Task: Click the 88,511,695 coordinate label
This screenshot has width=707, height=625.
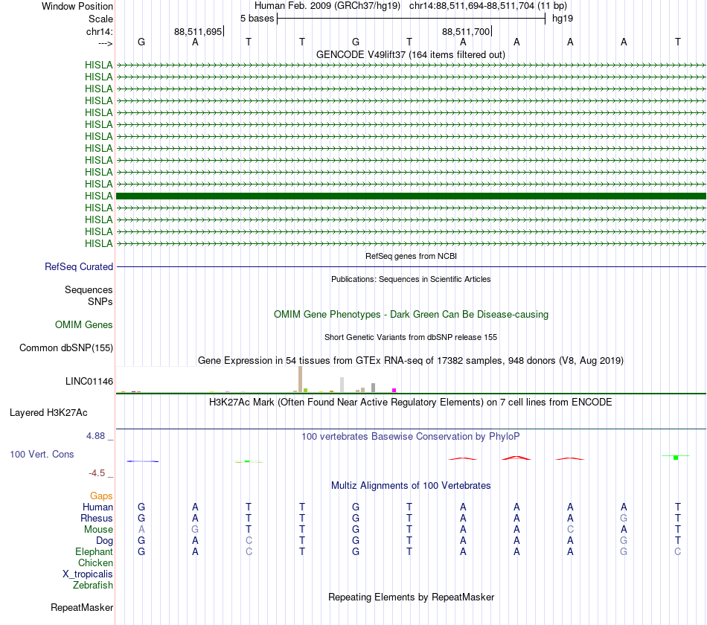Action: tap(198, 32)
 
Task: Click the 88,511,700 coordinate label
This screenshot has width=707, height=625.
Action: tap(466, 32)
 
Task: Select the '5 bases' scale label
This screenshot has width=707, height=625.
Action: tap(257, 18)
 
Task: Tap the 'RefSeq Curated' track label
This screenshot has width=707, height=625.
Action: tap(79, 267)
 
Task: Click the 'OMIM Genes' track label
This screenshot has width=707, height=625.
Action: tap(84, 325)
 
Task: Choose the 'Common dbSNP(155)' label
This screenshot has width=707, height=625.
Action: tap(66, 348)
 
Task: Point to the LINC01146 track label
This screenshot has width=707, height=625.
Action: tap(89, 382)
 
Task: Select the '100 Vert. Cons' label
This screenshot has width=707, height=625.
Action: tap(42, 455)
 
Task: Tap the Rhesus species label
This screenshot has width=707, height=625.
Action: tap(97, 519)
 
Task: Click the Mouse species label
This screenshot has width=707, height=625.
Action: tap(98, 530)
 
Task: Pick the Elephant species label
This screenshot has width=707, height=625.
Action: tap(94, 552)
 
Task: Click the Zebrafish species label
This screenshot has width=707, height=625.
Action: tap(93, 586)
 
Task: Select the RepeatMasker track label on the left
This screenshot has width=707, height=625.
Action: tap(82, 608)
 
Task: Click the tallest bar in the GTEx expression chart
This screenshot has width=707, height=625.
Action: tap(300, 379)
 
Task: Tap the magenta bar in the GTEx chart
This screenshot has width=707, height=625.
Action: tap(394, 390)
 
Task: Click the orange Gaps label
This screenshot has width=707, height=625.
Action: tap(101, 496)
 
